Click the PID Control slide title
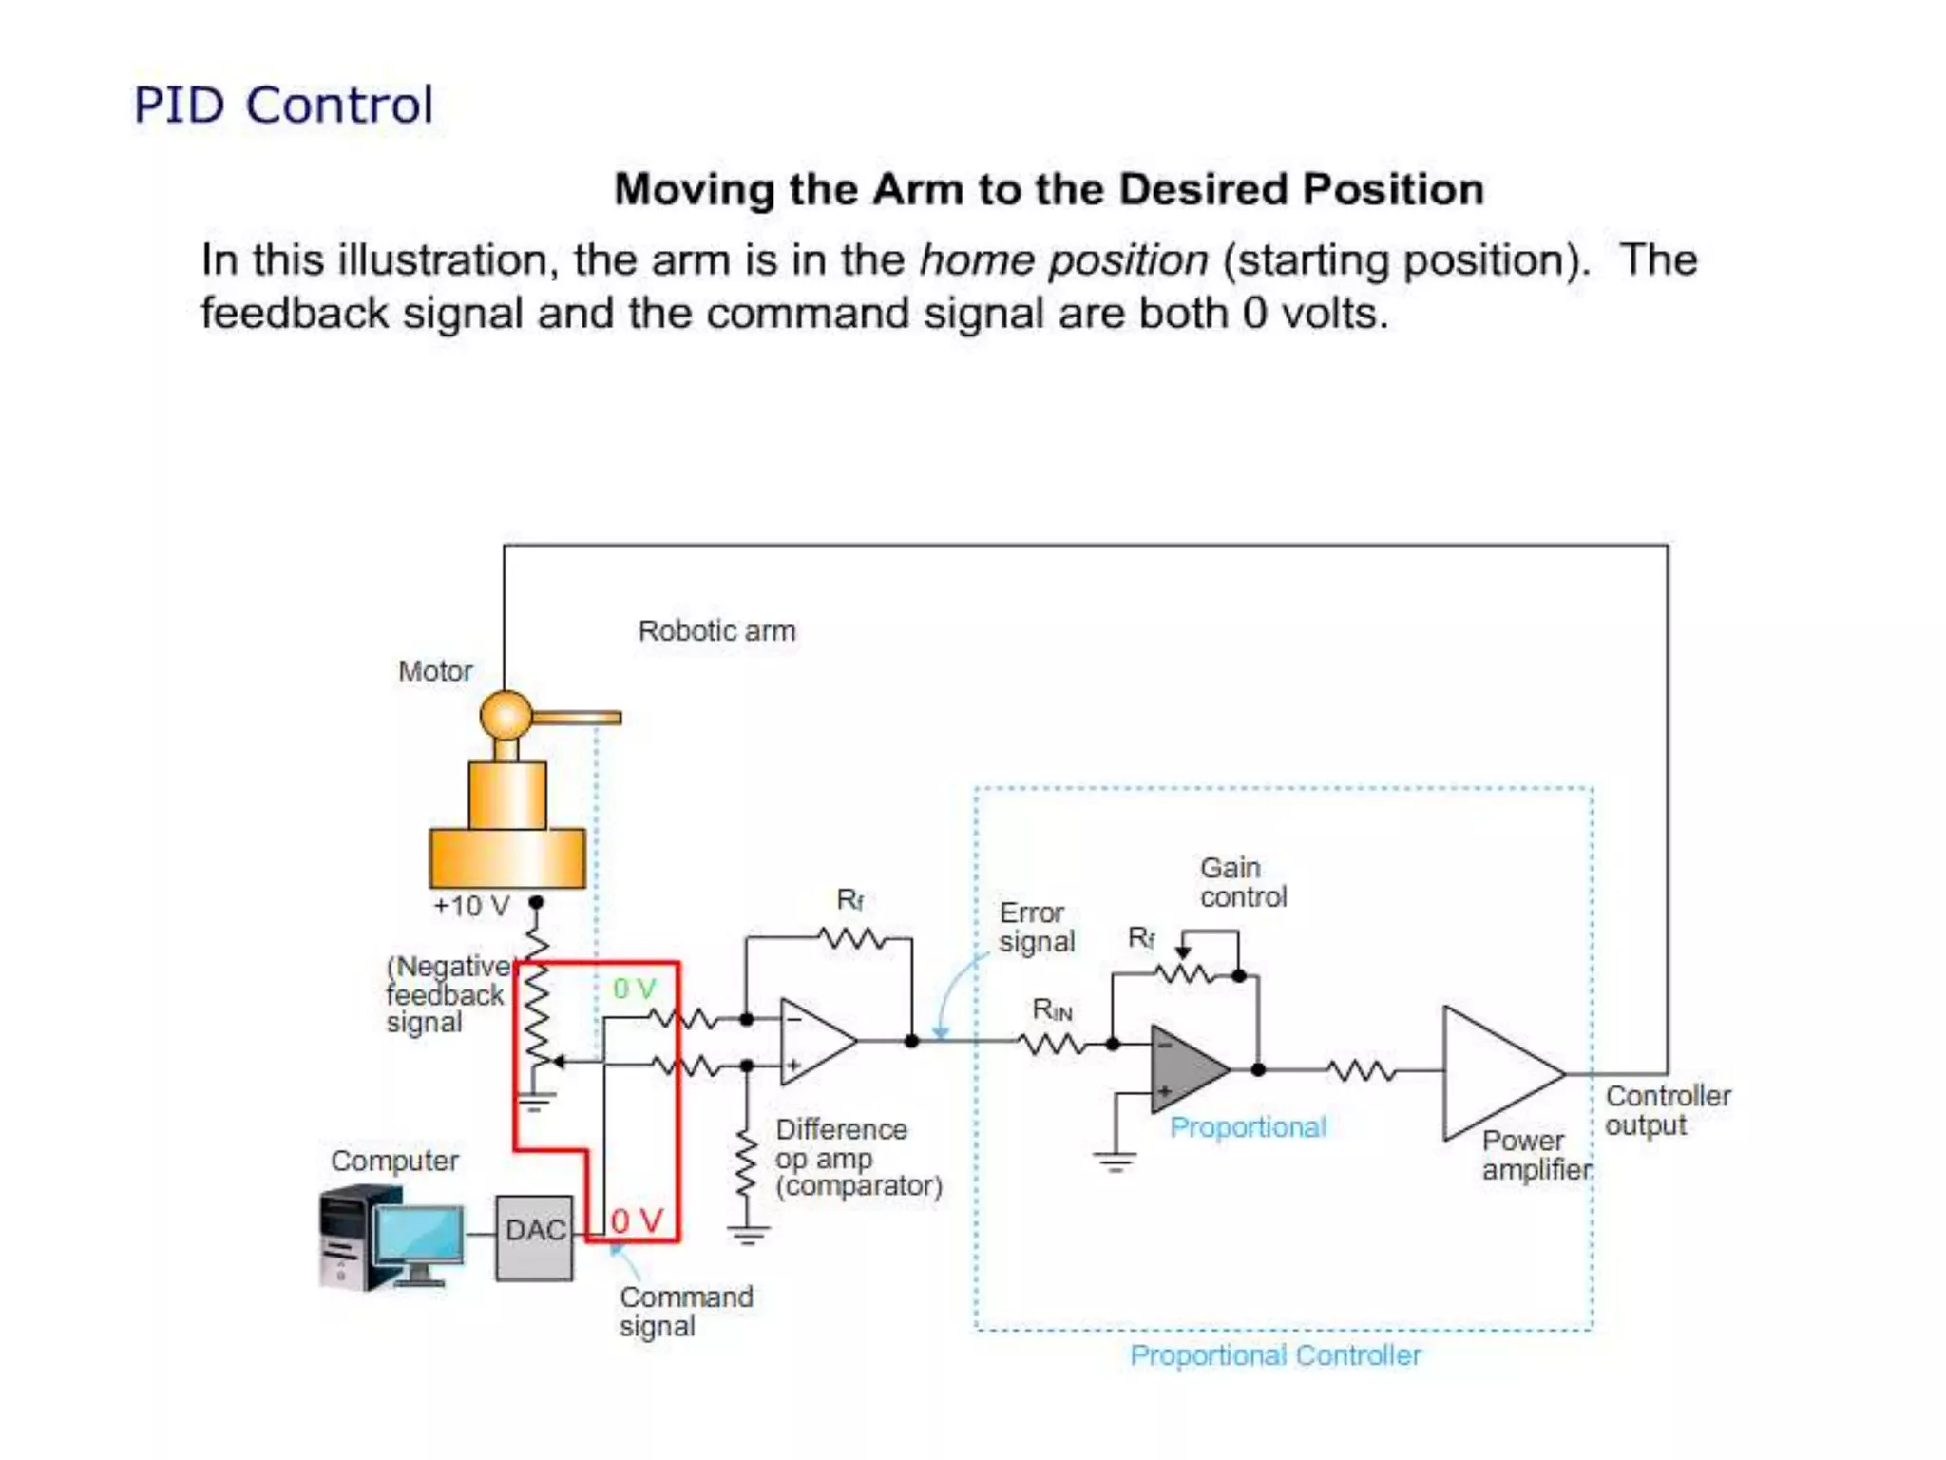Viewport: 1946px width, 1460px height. pyautogui.click(x=283, y=106)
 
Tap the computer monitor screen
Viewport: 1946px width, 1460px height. pyautogui.click(x=418, y=1235)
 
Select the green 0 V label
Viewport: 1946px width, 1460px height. pyautogui.click(x=634, y=989)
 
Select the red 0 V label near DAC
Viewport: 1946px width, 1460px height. pyautogui.click(x=636, y=1220)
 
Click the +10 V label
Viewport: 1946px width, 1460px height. pyautogui.click(x=471, y=906)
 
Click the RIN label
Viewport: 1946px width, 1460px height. pyautogui.click(x=1052, y=1010)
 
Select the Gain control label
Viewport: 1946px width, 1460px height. pyautogui.click(x=1242, y=882)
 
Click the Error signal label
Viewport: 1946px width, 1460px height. pyautogui.click(x=1036, y=927)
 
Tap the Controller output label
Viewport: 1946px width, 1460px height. pyautogui.click(x=1667, y=1110)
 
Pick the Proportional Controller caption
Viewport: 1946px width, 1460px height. pyautogui.click(x=1275, y=1354)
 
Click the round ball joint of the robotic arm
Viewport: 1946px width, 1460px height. pyautogui.click(x=506, y=716)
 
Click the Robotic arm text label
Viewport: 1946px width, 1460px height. pyautogui.click(x=716, y=631)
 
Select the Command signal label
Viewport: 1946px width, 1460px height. pyautogui.click(x=685, y=1311)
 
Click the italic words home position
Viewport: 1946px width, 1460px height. pyautogui.click(x=1063, y=260)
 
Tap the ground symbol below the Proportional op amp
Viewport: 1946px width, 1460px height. pyautogui.click(x=1114, y=1162)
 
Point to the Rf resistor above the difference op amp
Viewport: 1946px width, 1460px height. pyautogui.click(x=852, y=939)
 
